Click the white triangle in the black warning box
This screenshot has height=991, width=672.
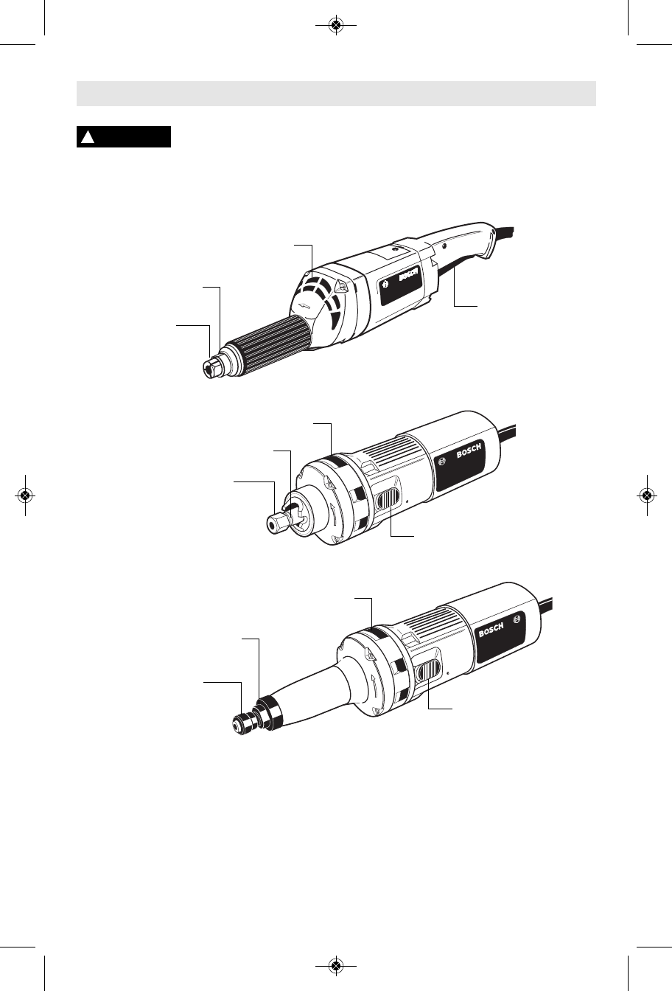tap(88, 137)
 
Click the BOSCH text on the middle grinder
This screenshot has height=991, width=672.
tap(469, 451)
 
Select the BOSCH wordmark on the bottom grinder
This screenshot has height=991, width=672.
tap(491, 630)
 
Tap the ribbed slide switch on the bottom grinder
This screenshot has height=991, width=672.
tap(429, 671)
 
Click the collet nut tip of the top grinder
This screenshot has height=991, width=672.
tap(213, 369)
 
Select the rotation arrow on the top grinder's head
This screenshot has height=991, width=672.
tap(305, 305)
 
